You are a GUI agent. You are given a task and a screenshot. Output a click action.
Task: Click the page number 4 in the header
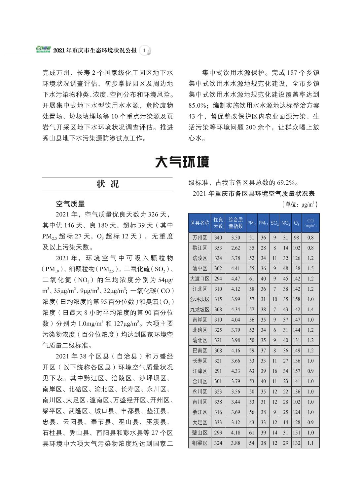point(144,51)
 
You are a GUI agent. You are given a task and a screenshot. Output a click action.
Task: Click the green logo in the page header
point(43,50)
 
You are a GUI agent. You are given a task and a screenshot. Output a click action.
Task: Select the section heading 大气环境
point(182,162)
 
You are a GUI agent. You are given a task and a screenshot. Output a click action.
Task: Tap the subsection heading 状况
point(107,184)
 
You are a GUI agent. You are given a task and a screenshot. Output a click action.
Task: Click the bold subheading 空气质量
point(70,204)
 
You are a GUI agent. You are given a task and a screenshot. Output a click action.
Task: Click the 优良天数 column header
point(218,223)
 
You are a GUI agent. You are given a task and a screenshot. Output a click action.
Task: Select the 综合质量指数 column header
point(235,223)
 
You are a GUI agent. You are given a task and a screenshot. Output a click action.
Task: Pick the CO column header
point(310,223)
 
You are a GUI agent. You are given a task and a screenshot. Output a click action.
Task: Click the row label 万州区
point(199,238)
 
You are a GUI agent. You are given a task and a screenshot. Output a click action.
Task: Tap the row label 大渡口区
point(199,279)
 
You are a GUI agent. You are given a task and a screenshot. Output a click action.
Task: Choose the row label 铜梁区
point(199,443)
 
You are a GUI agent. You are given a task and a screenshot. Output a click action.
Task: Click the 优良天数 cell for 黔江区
point(218,248)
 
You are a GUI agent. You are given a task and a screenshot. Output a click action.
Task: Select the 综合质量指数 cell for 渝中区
point(235,268)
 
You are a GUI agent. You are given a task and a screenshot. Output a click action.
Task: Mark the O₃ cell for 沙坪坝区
point(297,299)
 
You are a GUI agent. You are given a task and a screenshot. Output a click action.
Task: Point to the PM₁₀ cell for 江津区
point(252,371)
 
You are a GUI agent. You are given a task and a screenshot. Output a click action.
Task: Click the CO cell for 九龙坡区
point(310,309)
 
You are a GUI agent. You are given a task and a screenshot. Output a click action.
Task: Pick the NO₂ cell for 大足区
point(285,422)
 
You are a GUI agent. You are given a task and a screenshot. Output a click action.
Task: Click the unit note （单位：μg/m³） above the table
point(300,205)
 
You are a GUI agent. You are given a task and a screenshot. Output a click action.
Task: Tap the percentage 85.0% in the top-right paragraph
point(197,105)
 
